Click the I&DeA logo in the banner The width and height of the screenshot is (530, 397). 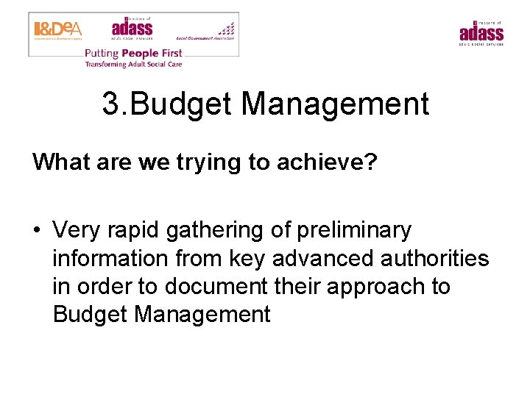[57, 29]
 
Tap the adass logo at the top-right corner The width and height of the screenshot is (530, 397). [481, 33]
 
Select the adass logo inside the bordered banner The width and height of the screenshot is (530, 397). [132, 29]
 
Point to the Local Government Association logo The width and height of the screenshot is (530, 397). [206, 32]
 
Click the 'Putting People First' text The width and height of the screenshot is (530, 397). [133, 53]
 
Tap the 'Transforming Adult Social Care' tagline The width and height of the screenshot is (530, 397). [133, 64]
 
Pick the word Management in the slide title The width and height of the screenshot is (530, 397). [335, 104]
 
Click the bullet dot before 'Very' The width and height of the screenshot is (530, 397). [36, 231]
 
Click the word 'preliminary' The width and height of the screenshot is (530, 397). [353, 230]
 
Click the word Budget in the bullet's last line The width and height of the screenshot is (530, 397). [91, 315]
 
